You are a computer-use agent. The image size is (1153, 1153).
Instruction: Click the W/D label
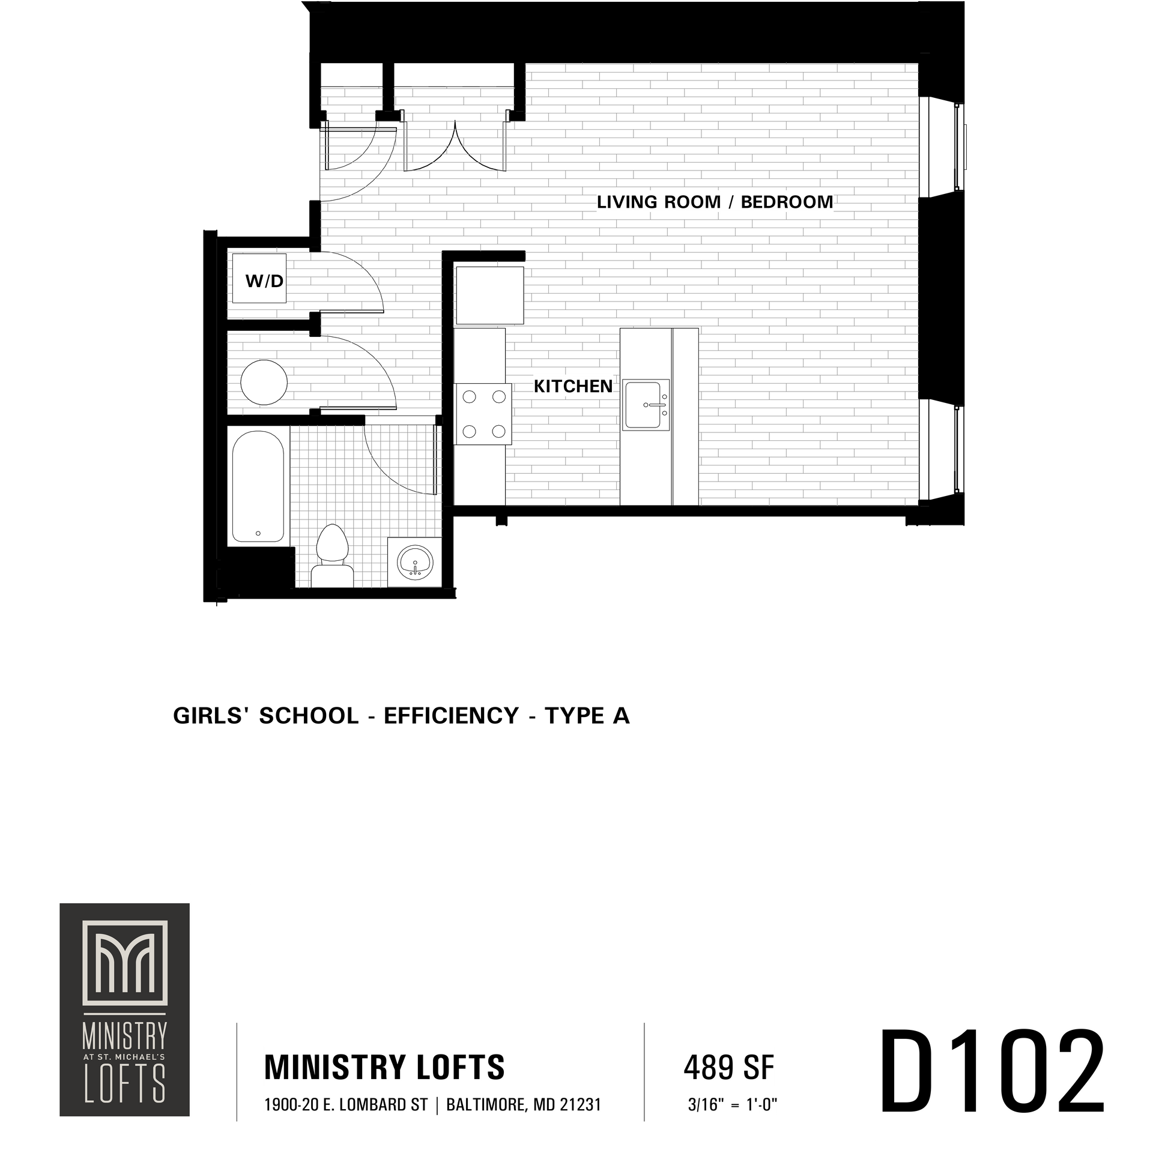pos(264,281)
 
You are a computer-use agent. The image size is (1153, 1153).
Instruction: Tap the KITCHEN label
pos(573,386)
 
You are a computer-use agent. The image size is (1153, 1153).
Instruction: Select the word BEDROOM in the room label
pos(787,202)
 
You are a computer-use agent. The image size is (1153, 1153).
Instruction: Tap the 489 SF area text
pos(729,1067)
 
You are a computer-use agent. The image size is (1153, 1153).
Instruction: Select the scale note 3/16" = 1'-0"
pos(733,1105)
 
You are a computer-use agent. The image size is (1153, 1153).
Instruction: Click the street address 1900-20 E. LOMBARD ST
pos(346,1105)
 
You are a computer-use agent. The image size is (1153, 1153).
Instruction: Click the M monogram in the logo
pos(124,961)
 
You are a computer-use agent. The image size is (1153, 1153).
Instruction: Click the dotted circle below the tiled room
pos(415,562)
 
